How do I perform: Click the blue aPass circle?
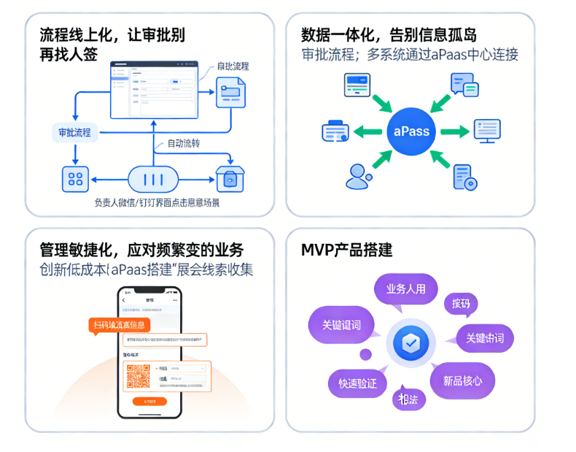(411, 131)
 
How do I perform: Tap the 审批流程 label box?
(75, 132)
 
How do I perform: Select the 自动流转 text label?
(185, 144)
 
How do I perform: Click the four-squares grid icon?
(75, 178)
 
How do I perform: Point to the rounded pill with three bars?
(153, 178)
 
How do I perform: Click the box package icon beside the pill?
(230, 178)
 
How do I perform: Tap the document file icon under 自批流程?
(231, 93)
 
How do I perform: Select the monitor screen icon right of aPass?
(486, 132)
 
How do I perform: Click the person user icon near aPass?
(357, 176)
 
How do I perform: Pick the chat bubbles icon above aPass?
(464, 85)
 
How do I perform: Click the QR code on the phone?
(139, 376)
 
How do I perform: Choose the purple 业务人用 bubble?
(405, 288)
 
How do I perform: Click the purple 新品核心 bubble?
(462, 380)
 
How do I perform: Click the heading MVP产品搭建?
(347, 250)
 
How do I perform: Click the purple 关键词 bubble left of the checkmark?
(341, 325)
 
